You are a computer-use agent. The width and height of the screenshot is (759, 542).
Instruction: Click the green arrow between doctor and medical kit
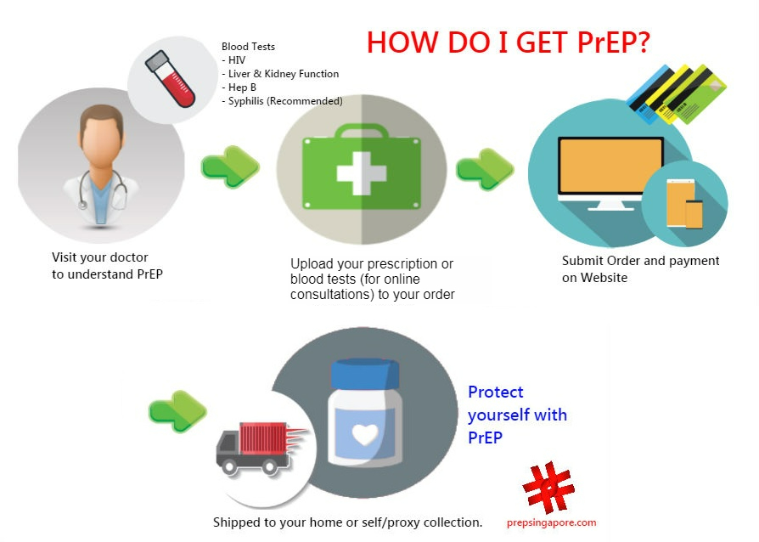coord(228,163)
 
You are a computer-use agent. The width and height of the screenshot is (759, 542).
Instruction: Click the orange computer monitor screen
coord(610,167)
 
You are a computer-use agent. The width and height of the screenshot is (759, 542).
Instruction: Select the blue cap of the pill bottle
coord(365,375)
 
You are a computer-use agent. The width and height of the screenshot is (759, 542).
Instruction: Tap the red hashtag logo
coord(548,490)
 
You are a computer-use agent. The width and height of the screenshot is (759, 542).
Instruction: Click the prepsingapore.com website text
coord(552,523)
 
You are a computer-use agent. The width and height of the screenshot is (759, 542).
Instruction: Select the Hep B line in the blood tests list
coord(239,88)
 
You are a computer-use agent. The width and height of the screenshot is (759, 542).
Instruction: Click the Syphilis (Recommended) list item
coord(282,101)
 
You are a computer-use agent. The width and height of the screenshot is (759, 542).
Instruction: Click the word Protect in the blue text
coord(496,392)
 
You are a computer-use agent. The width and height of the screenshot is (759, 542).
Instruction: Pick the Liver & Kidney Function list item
coord(280,74)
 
